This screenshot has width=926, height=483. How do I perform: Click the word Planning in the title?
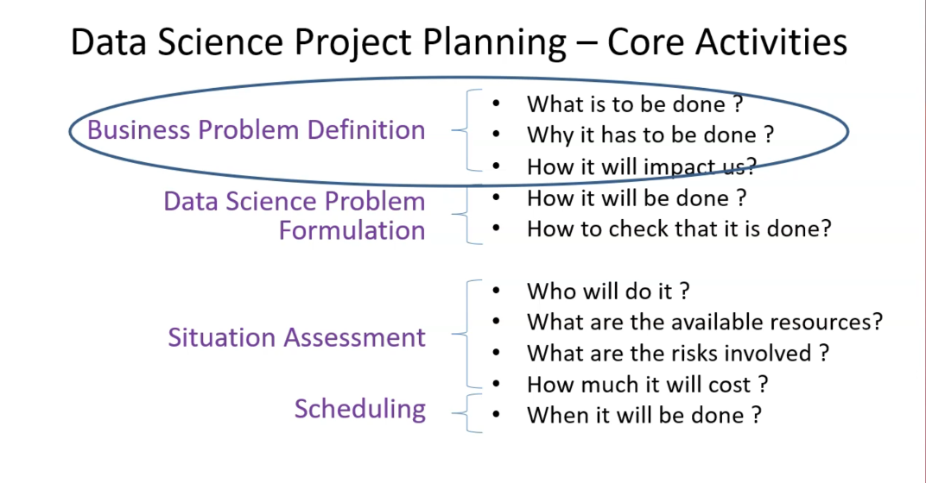pos(494,43)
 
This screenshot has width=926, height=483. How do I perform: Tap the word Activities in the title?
pos(771,42)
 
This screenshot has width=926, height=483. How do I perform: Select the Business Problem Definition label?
pos(257,129)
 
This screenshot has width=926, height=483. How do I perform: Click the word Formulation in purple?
pos(352,230)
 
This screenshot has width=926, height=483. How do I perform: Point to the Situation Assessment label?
pos(296,337)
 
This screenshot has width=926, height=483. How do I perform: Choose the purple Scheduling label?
pos(359,409)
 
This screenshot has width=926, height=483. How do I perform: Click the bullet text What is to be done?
pos(635,104)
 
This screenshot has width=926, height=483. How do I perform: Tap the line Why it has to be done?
pos(650,135)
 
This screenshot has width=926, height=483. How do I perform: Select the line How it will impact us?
pos(641,166)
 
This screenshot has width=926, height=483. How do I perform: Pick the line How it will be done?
pos(637,198)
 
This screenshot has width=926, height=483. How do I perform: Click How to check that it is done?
pos(679,229)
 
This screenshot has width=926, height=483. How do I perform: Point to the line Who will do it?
pos(608,292)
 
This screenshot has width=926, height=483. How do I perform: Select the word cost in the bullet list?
pos(729,385)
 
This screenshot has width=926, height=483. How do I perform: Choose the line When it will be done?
pos(644,415)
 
